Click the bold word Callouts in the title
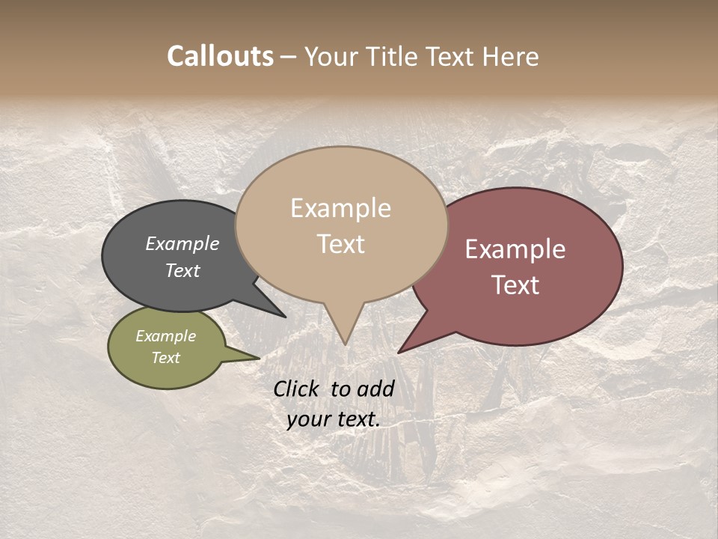[220, 56]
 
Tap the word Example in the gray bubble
[182, 243]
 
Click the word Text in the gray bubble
[182, 270]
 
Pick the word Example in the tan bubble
[340, 208]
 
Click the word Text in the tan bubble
[340, 244]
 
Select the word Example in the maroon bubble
[515, 249]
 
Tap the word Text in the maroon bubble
[515, 285]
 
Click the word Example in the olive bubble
[166, 336]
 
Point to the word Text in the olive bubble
[166, 358]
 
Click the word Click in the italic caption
[298, 389]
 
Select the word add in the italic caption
[375, 389]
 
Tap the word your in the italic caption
[308, 419]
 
